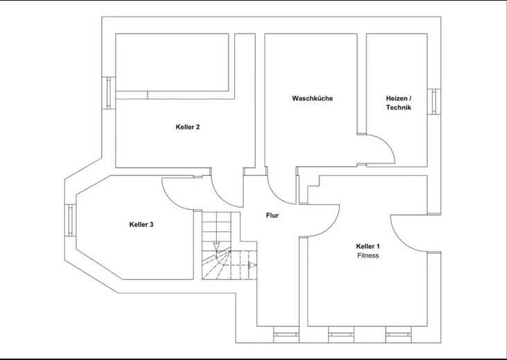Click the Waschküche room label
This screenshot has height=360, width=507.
click(312, 98)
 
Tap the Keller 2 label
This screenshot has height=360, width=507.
click(188, 127)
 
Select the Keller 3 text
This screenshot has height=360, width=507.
click(141, 224)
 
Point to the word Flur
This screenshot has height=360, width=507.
click(272, 215)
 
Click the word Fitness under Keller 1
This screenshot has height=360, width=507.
click(368, 255)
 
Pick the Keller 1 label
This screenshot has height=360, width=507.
click(368, 246)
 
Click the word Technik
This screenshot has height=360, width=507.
click(399, 107)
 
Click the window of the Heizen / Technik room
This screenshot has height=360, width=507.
click(434, 101)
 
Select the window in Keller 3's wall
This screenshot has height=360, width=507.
click(70, 220)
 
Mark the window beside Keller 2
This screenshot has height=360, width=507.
click(109, 93)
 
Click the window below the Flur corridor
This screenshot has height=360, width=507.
click(286, 334)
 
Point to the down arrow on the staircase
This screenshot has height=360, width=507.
click(217, 247)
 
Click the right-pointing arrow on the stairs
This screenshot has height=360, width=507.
click(253, 266)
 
